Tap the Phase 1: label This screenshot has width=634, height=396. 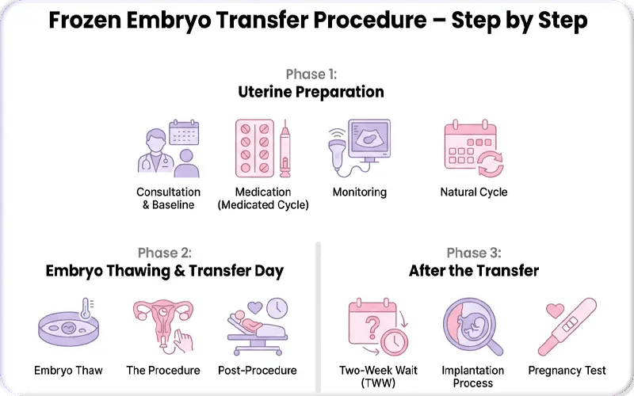311,74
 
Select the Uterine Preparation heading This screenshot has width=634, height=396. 311,92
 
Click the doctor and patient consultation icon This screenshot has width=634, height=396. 168,149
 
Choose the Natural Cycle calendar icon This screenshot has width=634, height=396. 473,149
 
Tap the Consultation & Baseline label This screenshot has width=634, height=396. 168,198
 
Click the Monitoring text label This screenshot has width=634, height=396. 359,192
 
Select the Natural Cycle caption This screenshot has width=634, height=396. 473,192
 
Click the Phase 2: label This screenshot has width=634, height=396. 164,253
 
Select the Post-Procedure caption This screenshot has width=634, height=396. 257,370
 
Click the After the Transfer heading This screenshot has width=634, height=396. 473,271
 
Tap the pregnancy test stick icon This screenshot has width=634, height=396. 567,326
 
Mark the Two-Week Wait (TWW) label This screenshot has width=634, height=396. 378,376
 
